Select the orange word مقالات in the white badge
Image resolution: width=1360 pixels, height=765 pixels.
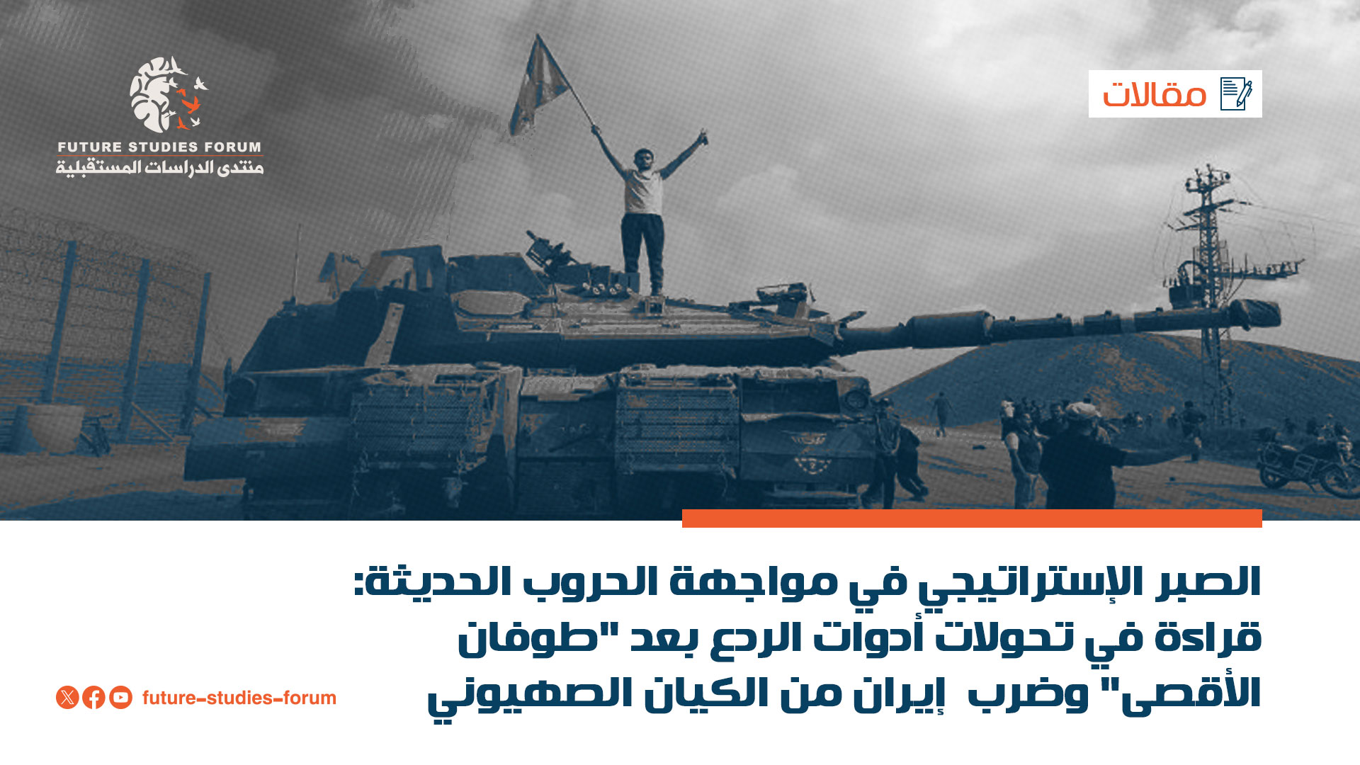pos(1154,95)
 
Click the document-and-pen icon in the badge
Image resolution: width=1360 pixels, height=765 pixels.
pos(1236,93)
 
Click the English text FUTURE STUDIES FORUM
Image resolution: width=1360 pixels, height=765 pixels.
pos(159,147)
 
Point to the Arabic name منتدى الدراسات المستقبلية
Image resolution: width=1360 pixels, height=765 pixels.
pos(159,168)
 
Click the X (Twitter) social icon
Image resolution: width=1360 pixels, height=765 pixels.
pos(67,698)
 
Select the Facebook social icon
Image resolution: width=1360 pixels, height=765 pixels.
pos(93,698)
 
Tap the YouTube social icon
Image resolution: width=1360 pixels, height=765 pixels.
pos(120,698)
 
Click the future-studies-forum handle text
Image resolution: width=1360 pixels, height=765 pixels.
pos(239,698)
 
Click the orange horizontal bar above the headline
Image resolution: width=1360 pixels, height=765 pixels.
pos(972,518)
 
